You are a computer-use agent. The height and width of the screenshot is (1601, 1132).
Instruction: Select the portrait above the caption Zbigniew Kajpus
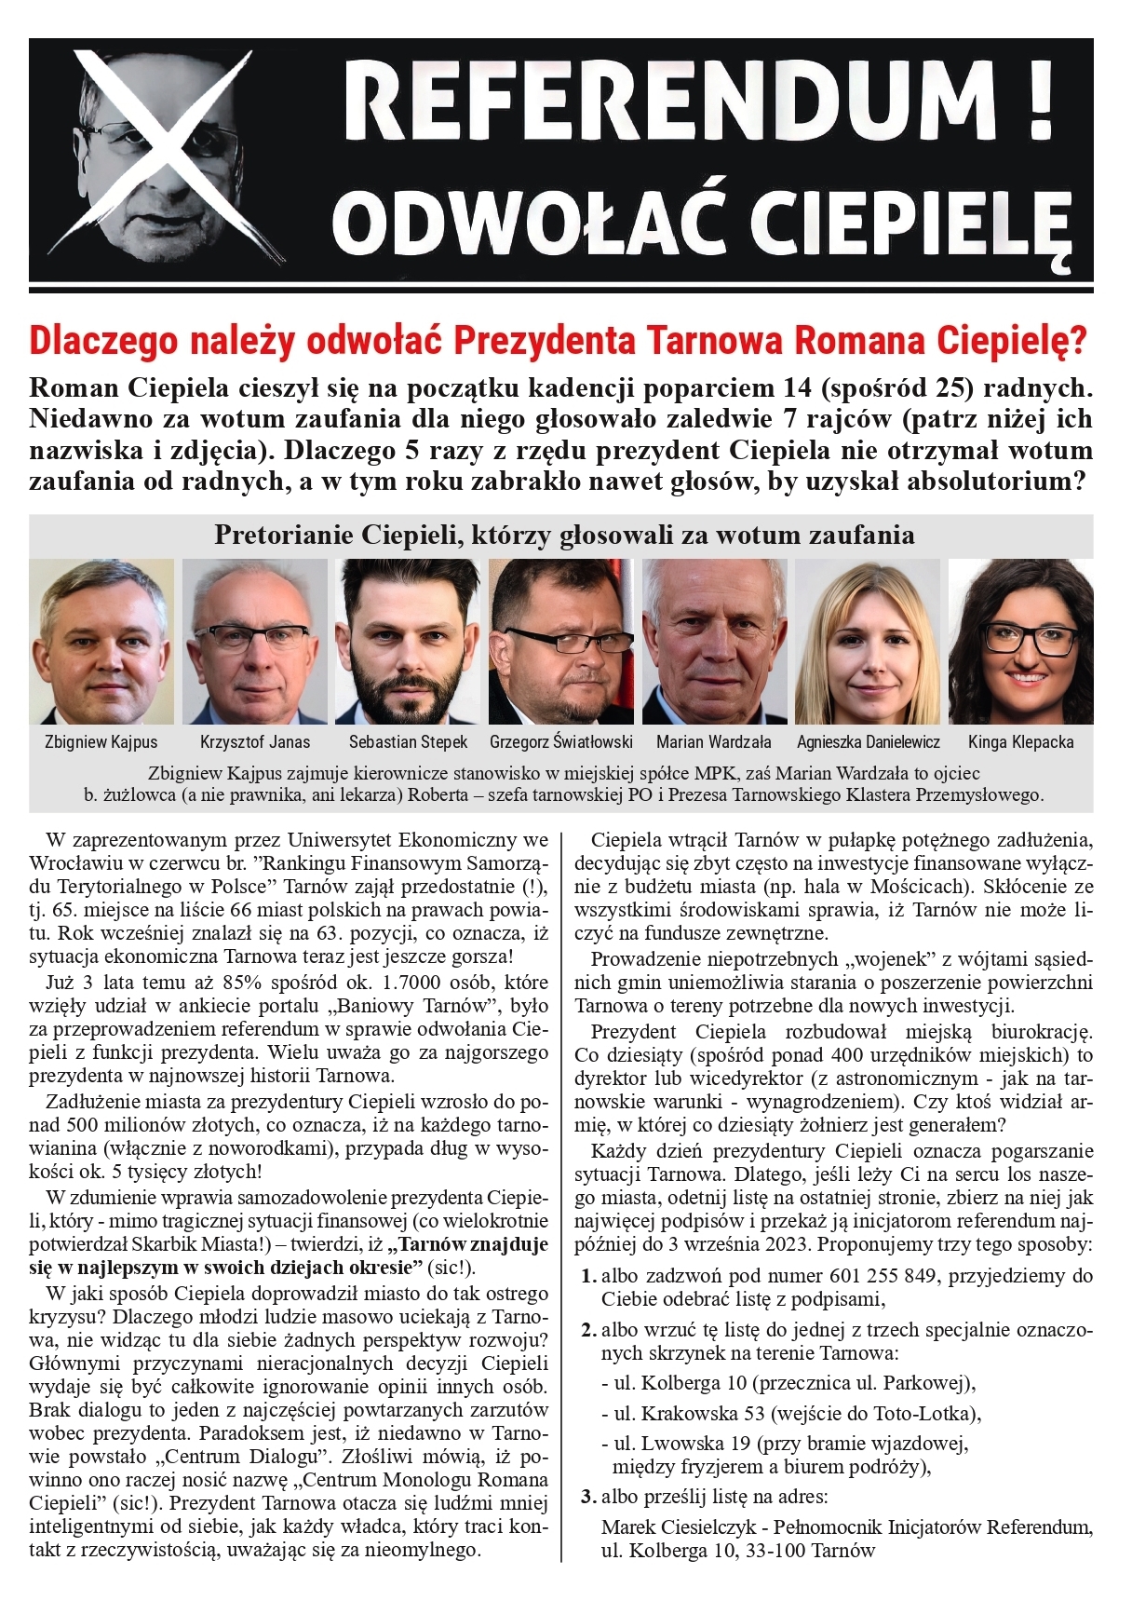click(101, 642)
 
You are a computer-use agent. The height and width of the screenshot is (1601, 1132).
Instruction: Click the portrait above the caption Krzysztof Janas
click(254, 642)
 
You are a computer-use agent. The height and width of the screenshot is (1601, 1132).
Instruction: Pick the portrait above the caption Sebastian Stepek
click(408, 642)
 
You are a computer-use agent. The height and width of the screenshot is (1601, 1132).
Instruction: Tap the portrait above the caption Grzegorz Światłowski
click(560, 642)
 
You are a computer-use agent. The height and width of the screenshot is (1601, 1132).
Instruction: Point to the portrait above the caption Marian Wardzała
click(714, 642)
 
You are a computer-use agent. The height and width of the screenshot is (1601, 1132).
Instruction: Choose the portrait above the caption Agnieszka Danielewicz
click(868, 642)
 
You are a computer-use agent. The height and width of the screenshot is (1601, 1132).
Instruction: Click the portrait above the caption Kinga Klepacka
click(1020, 642)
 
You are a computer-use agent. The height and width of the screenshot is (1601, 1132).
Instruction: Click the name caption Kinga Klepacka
click(1020, 742)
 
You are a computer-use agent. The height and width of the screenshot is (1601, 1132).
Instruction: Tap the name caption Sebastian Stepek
click(408, 742)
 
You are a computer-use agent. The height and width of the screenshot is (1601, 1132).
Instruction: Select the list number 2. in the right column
click(588, 1330)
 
